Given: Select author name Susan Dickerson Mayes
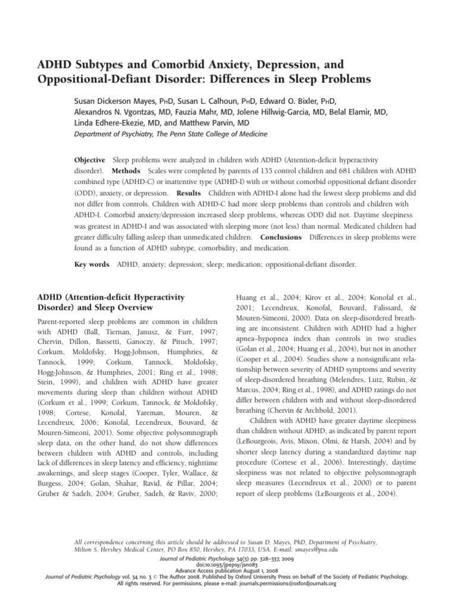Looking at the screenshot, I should point(115,102).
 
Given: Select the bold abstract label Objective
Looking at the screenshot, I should point(89,161).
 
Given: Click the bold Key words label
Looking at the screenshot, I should point(91,264).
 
